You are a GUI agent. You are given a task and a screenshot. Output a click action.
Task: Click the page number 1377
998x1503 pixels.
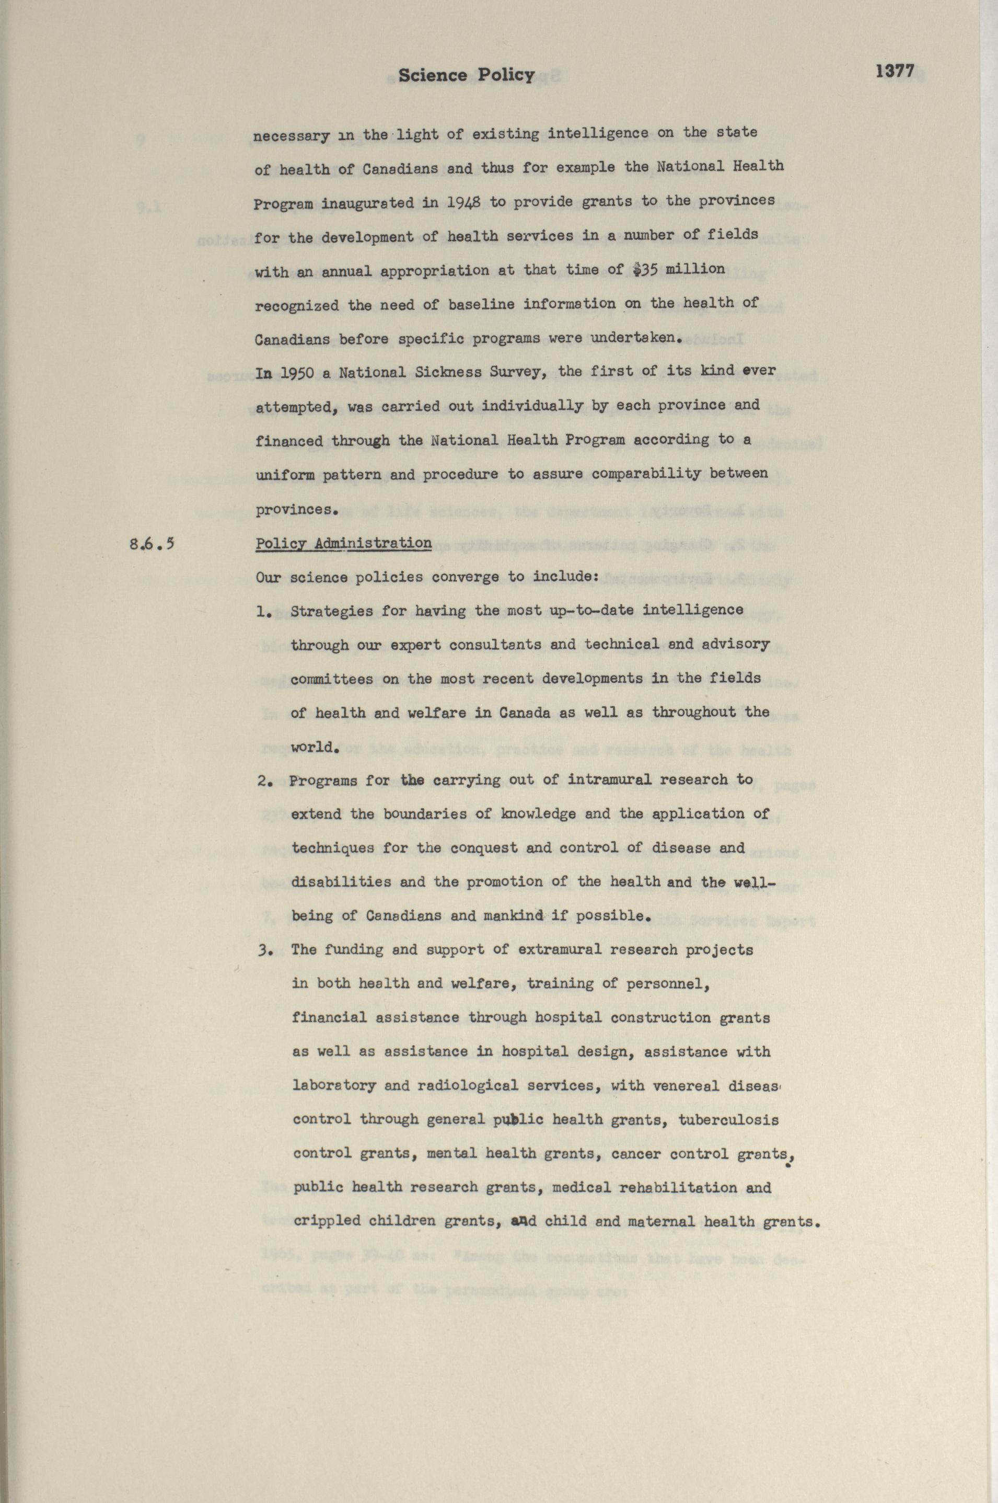(895, 71)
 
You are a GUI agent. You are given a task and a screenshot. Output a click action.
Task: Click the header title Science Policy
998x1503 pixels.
(467, 75)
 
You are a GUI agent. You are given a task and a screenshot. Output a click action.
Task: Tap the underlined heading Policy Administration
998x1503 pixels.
(344, 543)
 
